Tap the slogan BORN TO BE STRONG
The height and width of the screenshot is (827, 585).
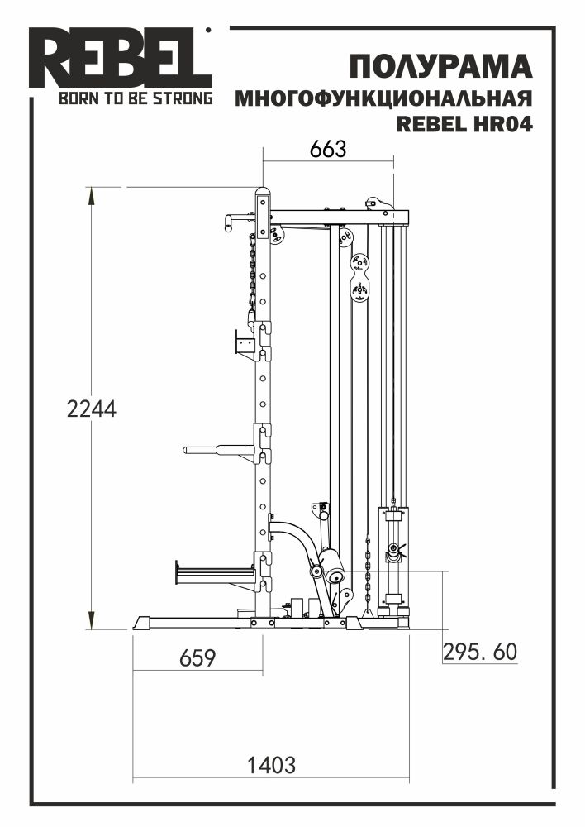[x=135, y=99]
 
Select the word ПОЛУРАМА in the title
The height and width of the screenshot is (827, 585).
[x=440, y=66]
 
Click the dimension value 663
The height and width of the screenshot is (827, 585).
[x=327, y=149]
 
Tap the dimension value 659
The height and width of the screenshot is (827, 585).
[x=197, y=658]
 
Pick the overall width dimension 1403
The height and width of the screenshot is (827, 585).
[x=272, y=765]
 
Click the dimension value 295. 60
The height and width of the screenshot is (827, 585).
[x=480, y=652]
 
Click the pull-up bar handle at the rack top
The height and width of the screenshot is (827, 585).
[x=236, y=221]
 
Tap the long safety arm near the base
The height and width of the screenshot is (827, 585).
[x=213, y=571]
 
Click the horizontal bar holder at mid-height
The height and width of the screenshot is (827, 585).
[x=218, y=450]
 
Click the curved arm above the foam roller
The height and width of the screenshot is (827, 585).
[x=297, y=538]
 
